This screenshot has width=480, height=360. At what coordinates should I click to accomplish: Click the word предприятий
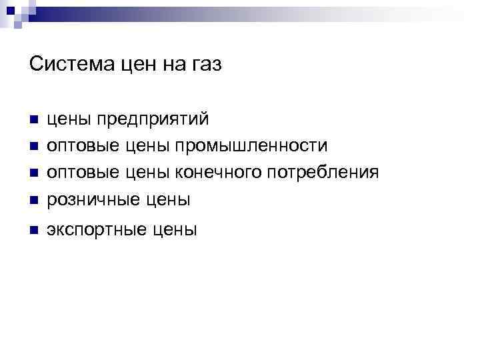[153, 120]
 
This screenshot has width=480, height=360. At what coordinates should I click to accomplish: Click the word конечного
[218, 173]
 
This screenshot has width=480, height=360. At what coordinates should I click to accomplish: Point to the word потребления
[323, 173]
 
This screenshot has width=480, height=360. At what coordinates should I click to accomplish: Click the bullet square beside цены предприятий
[33, 121]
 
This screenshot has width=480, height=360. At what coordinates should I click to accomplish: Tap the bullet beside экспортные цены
[33, 231]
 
